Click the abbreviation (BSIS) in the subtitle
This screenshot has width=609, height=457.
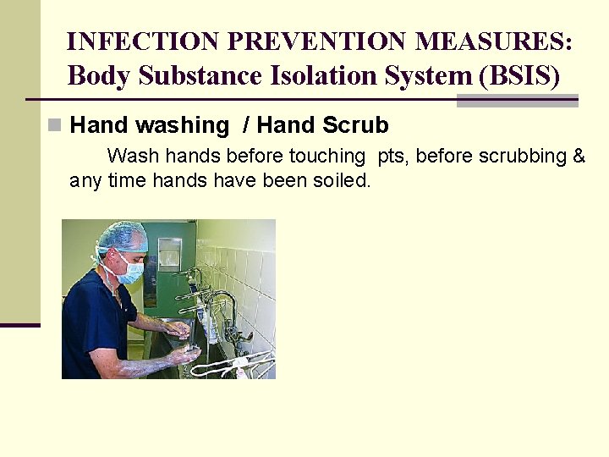(x=518, y=75)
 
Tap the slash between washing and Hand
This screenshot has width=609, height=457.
(x=245, y=126)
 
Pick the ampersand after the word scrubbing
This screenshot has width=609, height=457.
(x=579, y=156)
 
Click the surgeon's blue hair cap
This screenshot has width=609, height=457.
(x=119, y=236)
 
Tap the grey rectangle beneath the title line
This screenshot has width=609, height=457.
(x=517, y=102)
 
